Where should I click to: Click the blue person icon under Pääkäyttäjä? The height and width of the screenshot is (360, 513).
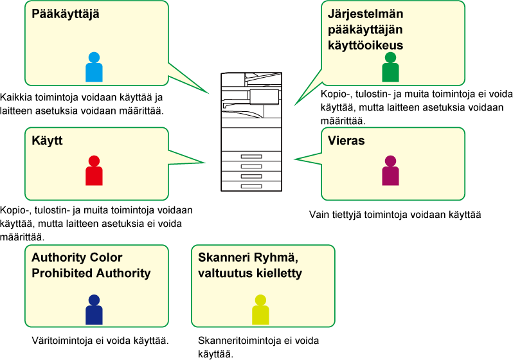click(x=94, y=67)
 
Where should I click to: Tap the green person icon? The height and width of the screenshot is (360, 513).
click(x=390, y=67)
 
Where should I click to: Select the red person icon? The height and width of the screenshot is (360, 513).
click(x=94, y=171)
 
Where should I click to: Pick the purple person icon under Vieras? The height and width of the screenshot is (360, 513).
click(x=390, y=171)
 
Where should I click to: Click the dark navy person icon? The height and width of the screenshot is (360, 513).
click(x=94, y=310)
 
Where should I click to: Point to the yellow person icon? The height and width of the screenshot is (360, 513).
click(x=260, y=310)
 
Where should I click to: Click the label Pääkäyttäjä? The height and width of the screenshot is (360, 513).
click(x=66, y=14)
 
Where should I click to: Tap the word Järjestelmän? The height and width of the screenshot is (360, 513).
click(x=365, y=14)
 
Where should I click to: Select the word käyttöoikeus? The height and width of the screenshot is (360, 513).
click(x=365, y=45)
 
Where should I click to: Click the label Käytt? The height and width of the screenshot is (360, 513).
click(x=47, y=140)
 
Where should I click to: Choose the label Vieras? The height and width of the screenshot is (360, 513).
click(x=346, y=140)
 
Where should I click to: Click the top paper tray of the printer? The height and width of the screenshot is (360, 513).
click(x=251, y=157)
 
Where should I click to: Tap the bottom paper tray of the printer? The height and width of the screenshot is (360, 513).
click(x=251, y=186)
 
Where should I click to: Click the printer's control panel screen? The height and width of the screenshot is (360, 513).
click(x=264, y=96)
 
